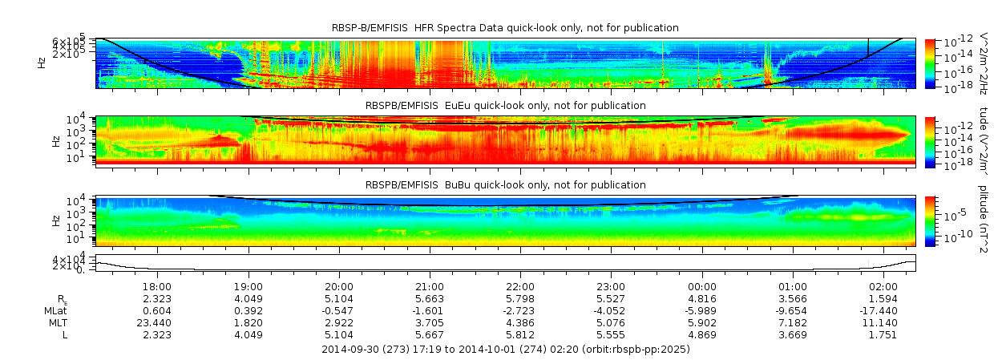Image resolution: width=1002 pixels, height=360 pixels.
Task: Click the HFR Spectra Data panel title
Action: [x=505, y=28]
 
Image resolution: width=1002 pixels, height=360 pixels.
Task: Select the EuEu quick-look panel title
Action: [x=505, y=106]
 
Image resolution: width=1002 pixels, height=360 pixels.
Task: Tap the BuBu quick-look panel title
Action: [x=505, y=185]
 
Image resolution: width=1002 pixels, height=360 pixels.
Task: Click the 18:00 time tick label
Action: [x=156, y=286]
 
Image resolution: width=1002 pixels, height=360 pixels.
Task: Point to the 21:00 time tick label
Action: [x=430, y=286]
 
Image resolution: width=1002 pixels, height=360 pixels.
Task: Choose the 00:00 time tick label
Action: [x=702, y=286]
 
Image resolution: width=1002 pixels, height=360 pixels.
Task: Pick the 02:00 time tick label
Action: [x=883, y=286]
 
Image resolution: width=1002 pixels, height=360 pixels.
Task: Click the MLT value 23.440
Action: [x=156, y=322]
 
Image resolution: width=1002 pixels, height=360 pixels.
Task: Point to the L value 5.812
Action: [x=520, y=334]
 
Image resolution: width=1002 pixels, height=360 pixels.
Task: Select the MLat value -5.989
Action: [x=702, y=310]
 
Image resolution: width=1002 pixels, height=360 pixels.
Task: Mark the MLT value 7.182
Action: [x=793, y=322]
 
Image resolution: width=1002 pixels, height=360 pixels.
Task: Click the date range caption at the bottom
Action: [x=505, y=350]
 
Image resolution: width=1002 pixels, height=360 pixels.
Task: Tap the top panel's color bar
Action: [x=930, y=63]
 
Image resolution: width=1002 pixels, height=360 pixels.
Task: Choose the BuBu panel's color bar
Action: [x=930, y=220]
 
